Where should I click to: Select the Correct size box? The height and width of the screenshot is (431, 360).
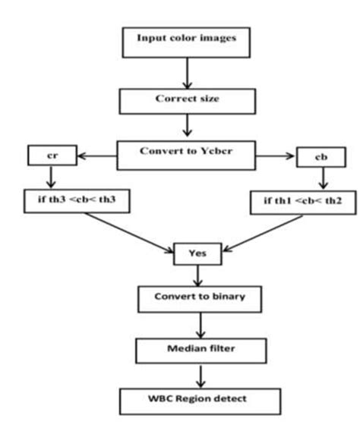click(180, 98)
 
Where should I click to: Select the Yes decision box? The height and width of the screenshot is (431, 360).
click(197, 254)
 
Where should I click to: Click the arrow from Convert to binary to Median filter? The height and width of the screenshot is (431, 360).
click(201, 323)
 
